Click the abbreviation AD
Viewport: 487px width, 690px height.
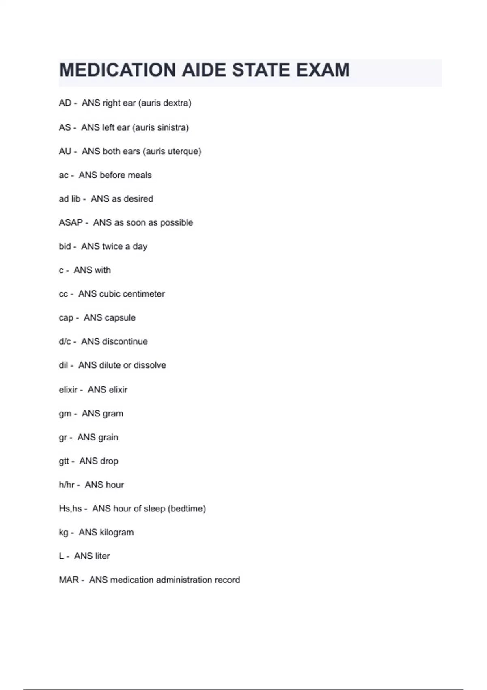click(x=65, y=103)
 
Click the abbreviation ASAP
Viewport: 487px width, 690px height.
click(x=71, y=223)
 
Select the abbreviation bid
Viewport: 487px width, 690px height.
click(x=65, y=246)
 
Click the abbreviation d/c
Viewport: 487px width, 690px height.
click(x=65, y=341)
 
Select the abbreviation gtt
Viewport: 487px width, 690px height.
click(x=64, y=461)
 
